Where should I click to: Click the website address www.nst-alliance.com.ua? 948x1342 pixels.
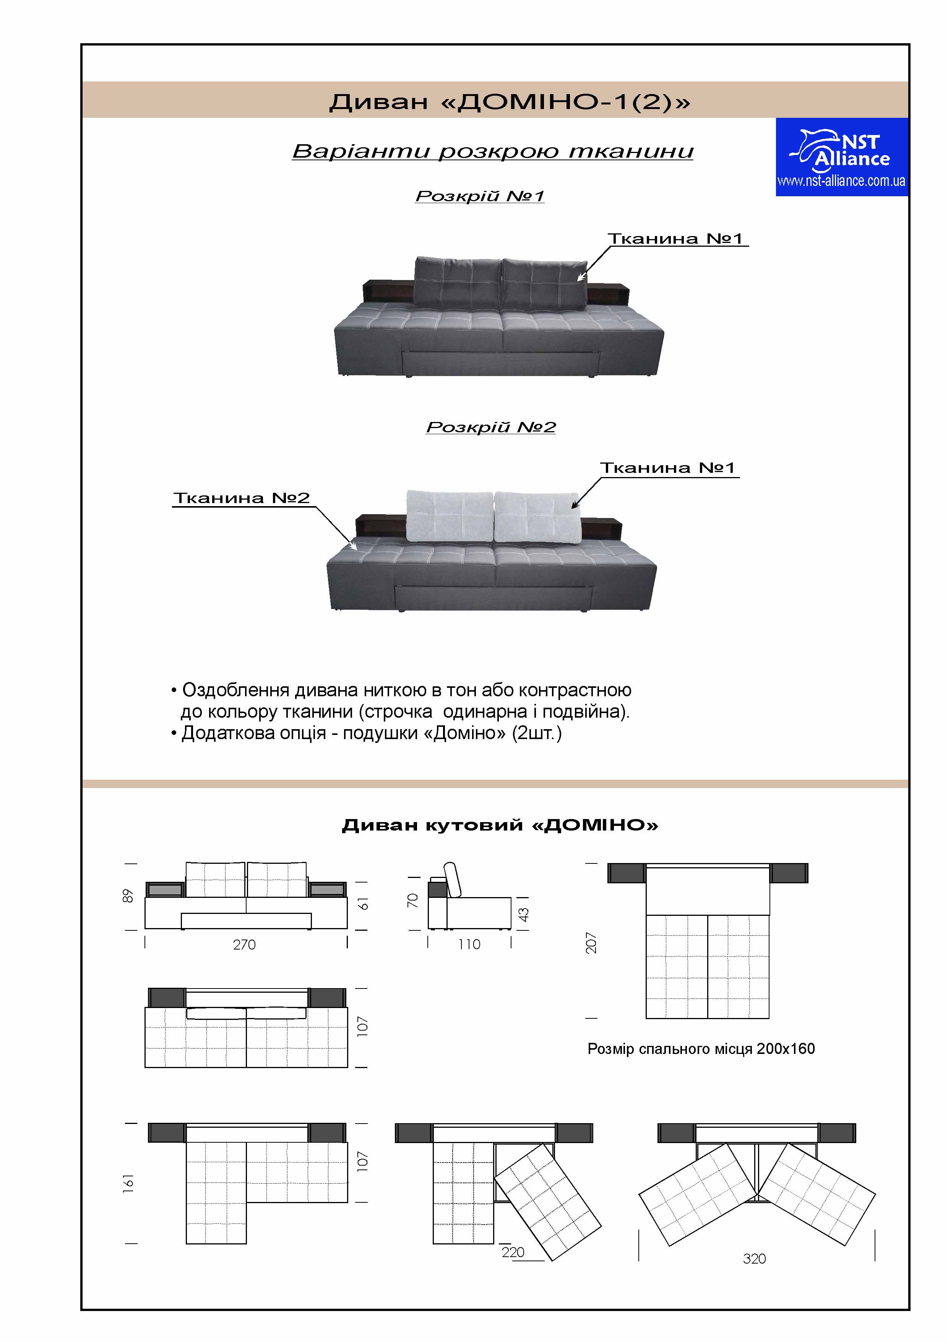pyautogui.click(x=841, y=181)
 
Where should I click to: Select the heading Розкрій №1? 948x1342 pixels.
pyautogui.click(x=480, y=196)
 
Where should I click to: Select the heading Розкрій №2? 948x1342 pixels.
pyautogui.click(x=491, y=427)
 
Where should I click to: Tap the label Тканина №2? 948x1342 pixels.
pyautogui.click(x=241, y=498)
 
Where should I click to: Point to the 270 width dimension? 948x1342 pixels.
pyautogui.click(x=244, y=945)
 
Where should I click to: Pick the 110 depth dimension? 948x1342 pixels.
pyautogui.click(x=469, y=945)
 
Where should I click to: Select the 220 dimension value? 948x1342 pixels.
pyautogui.click(x=513, y=1252)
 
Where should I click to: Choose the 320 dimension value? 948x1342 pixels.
pyautogui.click(x=754, y=1259)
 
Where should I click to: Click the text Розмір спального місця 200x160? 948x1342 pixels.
pyautogui.click(x=701, y=1049)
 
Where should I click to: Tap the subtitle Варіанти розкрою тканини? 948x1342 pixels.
pyautogui.click(x=492, y=151)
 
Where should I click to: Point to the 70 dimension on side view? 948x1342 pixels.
pyautogui.click(x=412, y=900)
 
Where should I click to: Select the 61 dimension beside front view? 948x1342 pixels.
pyautogui.click(x=363, y=903)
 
